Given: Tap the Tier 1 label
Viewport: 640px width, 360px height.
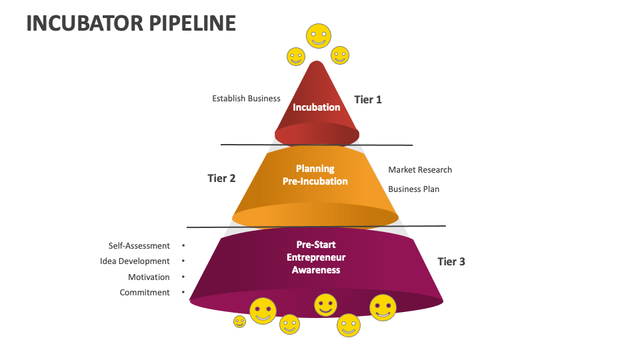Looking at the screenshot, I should pyautogui.click(x=367, y=99).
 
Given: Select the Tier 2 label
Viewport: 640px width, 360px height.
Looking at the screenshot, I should pyautogui.click(x=221, y=178).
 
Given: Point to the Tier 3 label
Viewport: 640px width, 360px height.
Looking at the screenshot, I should pyautogui.click(x=451, y=261).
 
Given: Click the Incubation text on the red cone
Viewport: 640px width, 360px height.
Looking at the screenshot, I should pyautogui.click(x=317, y=107).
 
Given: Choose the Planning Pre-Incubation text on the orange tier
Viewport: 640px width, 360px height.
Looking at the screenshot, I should pyautogui.click(x=315, y=175).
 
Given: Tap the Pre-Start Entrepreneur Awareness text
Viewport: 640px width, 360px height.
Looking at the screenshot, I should pyautogui.click(x=316, y=257).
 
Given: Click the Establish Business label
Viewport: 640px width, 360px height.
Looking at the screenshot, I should pyautogui.click(x=246, y=98).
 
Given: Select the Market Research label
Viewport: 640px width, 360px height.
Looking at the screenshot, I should pyautogui.click(x=420, y=169).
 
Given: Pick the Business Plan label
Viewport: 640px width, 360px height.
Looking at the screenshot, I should pyautogui.click(x=413, y=189).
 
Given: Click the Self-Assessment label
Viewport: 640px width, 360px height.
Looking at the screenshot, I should pyautogui.click(x=139, y=245).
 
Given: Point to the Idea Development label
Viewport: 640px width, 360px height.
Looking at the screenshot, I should pyautogui.click(x=135, y=261).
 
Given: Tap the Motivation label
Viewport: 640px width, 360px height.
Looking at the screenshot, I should pyautogui.click(x=149, y=277).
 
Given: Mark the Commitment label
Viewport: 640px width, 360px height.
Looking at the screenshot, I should pyautogui.click(x=145, y=292).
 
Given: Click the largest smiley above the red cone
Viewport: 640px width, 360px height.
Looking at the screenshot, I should pyautogui.click(x=318, y=35).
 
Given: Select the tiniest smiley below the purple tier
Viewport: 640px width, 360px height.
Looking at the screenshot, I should pyautogui.click(x=239, y=321).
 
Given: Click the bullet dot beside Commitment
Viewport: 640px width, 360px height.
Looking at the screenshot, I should pyautogui.click(x=183, y=292).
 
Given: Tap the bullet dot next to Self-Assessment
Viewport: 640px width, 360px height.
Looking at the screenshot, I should pyautogui.click(x=183, y=245).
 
